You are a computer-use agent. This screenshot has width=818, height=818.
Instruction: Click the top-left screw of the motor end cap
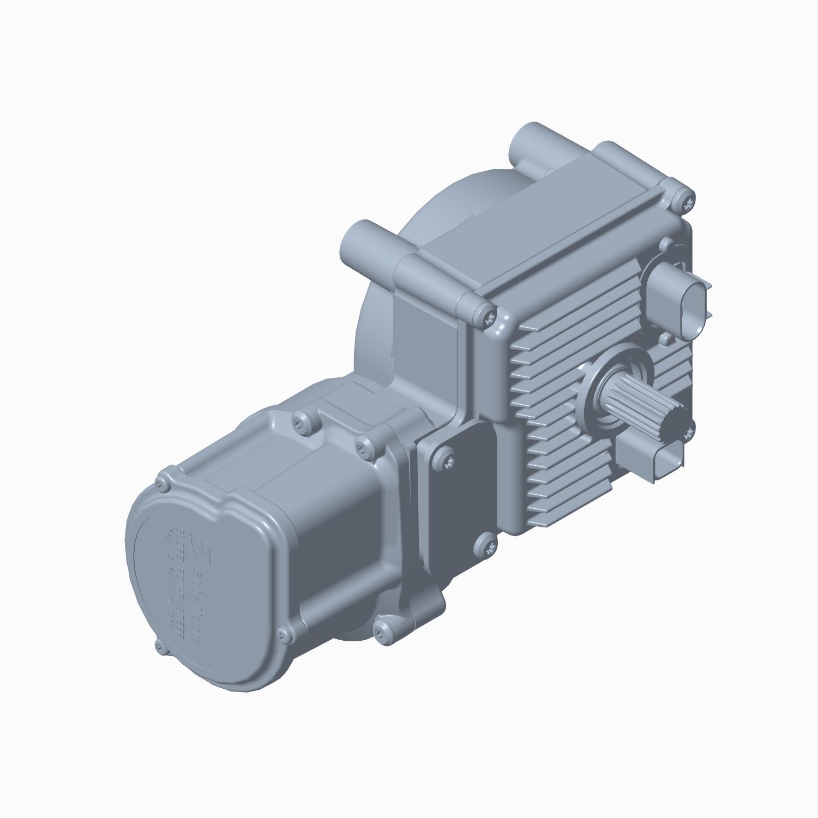click(x=162, y=483)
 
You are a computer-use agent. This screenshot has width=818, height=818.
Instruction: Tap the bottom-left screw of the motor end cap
click(x=159, y=647)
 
